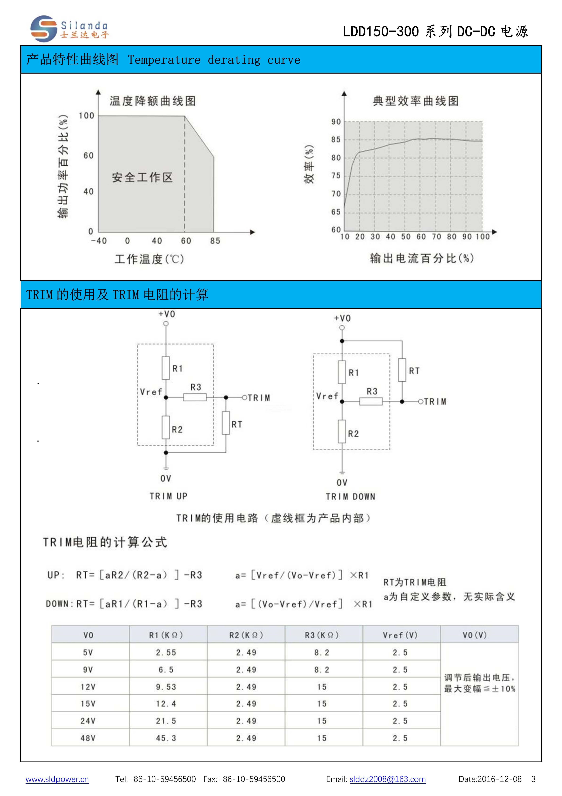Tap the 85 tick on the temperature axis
tap(215, 241)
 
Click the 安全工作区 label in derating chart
tap(142, 178)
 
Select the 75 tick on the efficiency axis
tap(336, 176)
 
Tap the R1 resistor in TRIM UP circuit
tap(166, 368)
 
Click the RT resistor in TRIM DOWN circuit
tap(402, 370)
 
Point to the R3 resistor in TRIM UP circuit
tap(195, 397)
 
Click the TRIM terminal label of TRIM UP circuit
tap(258, 398)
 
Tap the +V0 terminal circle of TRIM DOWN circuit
tap(342, 328)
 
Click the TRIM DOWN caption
tap(350, 497)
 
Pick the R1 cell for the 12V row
tap(166, 687)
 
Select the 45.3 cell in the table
tap(166, 738)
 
